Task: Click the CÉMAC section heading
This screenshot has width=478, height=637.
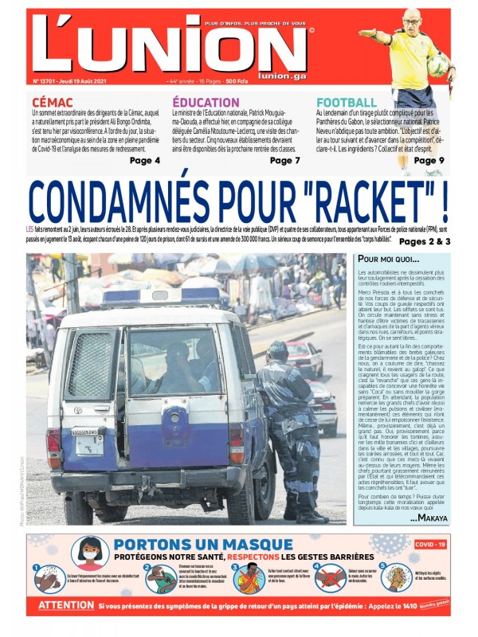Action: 53,102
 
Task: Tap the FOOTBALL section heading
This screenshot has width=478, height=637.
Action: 347,102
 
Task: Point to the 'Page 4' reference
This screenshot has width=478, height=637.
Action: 145,161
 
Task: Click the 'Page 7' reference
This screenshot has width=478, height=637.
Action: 285,161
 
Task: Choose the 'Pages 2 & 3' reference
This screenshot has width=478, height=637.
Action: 425,241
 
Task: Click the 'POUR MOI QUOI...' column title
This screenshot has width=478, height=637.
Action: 389,260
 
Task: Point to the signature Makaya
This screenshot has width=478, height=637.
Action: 429,518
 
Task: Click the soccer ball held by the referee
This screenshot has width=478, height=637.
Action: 437,64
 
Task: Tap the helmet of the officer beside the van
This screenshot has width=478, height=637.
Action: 278,351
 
